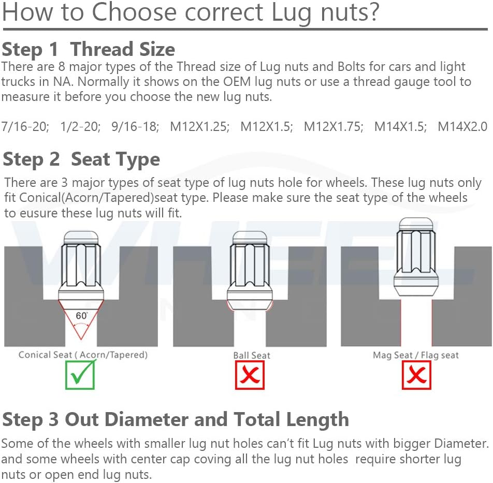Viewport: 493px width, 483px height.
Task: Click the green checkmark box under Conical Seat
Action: pos(80,375)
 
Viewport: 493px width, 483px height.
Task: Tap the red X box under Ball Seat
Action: pos(250,375)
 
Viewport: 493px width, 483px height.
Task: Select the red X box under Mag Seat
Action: pos(416,375)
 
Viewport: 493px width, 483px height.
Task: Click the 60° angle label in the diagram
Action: pos(81,315)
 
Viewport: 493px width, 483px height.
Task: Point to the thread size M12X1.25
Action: pos(200,127)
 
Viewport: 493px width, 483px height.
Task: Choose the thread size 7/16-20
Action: pos(25,127)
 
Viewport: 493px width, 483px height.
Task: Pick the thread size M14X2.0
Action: pos(462,127)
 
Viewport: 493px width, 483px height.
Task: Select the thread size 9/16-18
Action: pos(135,127)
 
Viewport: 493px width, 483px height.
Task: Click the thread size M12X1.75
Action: pos(334,127)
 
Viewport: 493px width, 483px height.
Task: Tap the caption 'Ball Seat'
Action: pos(252,356)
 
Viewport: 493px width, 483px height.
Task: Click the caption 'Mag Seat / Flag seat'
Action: pos(416,355)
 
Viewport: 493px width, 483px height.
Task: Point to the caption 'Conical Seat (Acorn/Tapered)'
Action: pos(83,355)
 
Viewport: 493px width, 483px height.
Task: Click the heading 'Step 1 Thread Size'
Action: pos(89,49)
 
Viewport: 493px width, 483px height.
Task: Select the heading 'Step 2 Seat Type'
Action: pos(81,159)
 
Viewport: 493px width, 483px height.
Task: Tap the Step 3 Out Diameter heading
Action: pos(176,419)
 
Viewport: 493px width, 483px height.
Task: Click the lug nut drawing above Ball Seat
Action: pos(250,271)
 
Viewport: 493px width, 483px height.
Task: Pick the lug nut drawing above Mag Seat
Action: pos(416,257)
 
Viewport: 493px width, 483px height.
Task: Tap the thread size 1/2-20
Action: pos(80,127)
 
